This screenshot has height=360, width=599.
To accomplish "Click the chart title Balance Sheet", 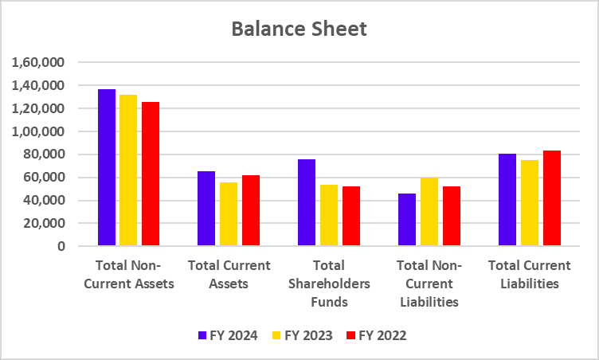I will click(299, 29).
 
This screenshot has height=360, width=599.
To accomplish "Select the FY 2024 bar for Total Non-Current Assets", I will click(106, 167).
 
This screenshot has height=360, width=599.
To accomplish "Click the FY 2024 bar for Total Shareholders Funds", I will click(307, 202).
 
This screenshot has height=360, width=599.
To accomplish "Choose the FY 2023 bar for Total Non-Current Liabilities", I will click(429, 212).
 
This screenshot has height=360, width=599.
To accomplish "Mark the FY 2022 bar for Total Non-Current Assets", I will click(151, 174).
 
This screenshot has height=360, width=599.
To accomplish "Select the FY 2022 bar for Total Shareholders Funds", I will click(351, 216).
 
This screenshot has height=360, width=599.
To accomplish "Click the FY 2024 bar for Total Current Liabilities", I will click(507, 200).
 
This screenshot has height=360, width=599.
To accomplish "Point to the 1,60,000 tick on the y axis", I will click(38, 62).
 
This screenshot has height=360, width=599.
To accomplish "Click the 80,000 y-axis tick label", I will click(44, 155).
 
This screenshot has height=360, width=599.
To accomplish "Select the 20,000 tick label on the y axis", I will click(44, 224).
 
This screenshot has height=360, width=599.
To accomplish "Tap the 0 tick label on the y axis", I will click(60, 247).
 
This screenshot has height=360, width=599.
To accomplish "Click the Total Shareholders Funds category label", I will click(329, 284).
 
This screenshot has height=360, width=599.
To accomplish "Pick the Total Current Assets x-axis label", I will click(229, 274).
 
